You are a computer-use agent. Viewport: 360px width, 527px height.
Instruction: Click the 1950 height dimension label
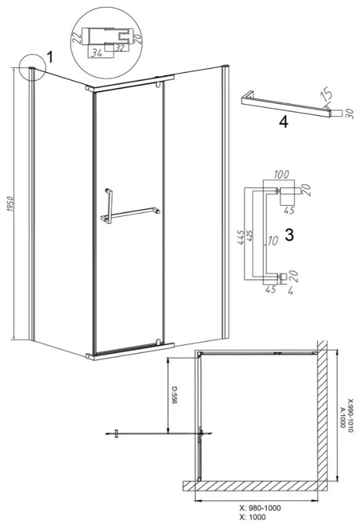[10, 204]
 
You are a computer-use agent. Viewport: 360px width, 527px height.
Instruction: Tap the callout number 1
[50, 58]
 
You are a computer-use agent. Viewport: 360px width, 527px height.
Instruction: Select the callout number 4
[283, 123]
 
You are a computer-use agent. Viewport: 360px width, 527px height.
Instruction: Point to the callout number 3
[289, 235]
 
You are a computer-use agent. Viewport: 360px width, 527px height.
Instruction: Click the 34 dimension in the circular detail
[97, 53]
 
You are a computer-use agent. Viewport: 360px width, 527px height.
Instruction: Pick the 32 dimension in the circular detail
[120, 48]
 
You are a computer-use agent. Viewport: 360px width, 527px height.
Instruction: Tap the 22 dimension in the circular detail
[77, 35]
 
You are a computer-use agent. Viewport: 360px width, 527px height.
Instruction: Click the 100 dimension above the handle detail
[281, 175]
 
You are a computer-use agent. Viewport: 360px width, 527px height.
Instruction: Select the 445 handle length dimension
[240, 237]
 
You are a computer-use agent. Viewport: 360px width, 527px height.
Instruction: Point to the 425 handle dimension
[250, 238]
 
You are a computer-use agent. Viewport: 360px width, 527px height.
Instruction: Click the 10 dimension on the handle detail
[273, 241]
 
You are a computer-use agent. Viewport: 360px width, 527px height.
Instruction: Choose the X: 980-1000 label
[260, 508]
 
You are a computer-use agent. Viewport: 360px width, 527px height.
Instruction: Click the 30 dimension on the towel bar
[350, 113]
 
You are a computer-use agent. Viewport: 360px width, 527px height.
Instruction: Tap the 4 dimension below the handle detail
[291, 290]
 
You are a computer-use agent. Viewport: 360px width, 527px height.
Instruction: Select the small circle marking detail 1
[32, 68]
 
